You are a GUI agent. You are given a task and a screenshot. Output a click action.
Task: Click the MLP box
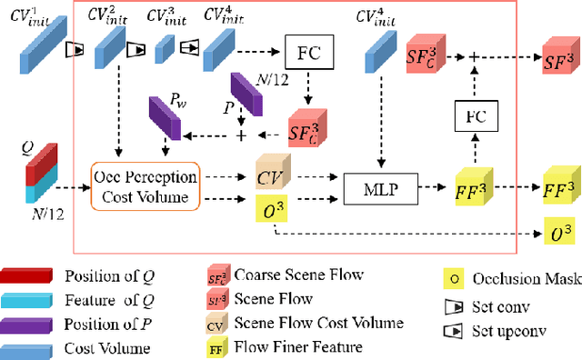[x=374, y=190]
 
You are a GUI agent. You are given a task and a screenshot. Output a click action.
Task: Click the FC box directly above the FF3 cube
[x=473, y=117]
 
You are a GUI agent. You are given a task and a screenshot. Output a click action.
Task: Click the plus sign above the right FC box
[x=473, y=55]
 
